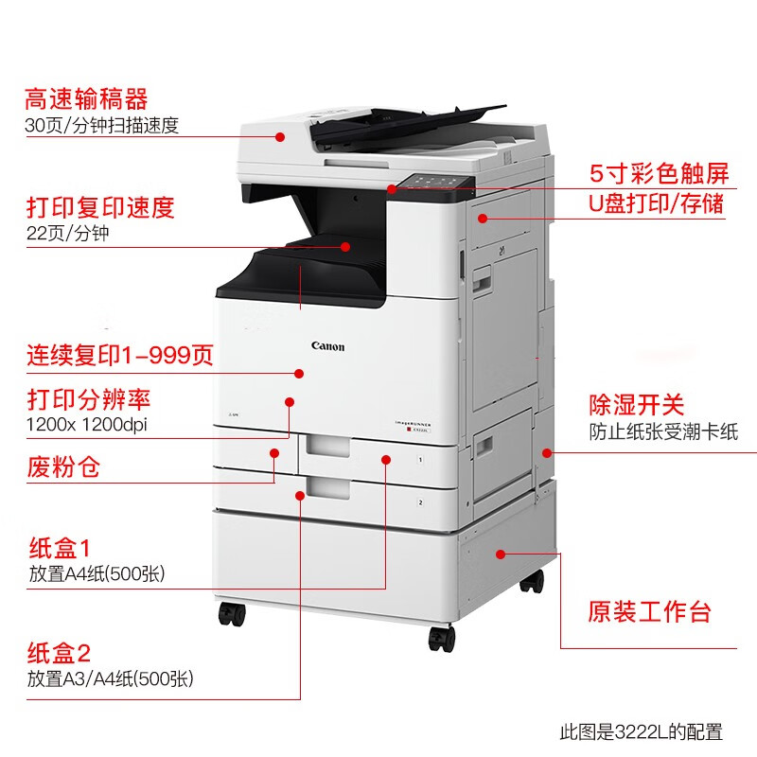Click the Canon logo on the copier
pos(328,346)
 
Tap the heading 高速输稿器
pos(86,99)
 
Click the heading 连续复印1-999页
pos(119,357)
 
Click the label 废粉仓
pos(62,466)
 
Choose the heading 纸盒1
pos(59,548)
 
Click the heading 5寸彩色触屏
pos(659,173)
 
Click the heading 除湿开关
pos(635,406)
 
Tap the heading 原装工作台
pos(649,611)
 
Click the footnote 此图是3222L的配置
pos(641,731)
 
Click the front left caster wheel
pos(232,613)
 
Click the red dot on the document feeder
pos(280,136)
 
